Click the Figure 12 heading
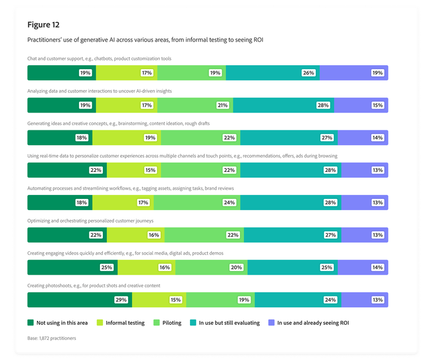pos(43,25)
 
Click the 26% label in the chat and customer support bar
pos(308,73)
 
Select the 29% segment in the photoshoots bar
pos(80,300)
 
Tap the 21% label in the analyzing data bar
pos(223,106)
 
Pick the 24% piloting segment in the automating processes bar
pos(197,202)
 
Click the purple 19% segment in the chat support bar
pos(353,73)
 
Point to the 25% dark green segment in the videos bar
pos(72,268)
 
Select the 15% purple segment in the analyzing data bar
pos(361,106)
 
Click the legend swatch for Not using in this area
pos(31,323)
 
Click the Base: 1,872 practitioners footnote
pos(51,338)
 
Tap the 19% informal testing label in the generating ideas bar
pos(150,138)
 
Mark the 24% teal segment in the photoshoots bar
pos(298,300)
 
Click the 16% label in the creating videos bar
pos(165,268)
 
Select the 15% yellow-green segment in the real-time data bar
pos(134,170)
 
